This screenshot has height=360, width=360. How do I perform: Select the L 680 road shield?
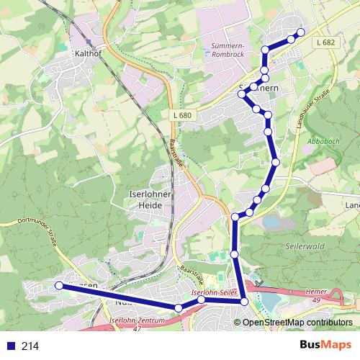coord(182,114)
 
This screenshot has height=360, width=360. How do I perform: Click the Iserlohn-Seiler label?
coord(214,294)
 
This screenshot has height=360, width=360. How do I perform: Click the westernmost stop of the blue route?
coord(59,286)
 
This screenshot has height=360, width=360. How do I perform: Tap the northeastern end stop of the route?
coord(301,32)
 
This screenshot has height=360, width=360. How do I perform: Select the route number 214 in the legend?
coord(30,346)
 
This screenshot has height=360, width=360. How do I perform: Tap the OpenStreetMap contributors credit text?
coord(297,322)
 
